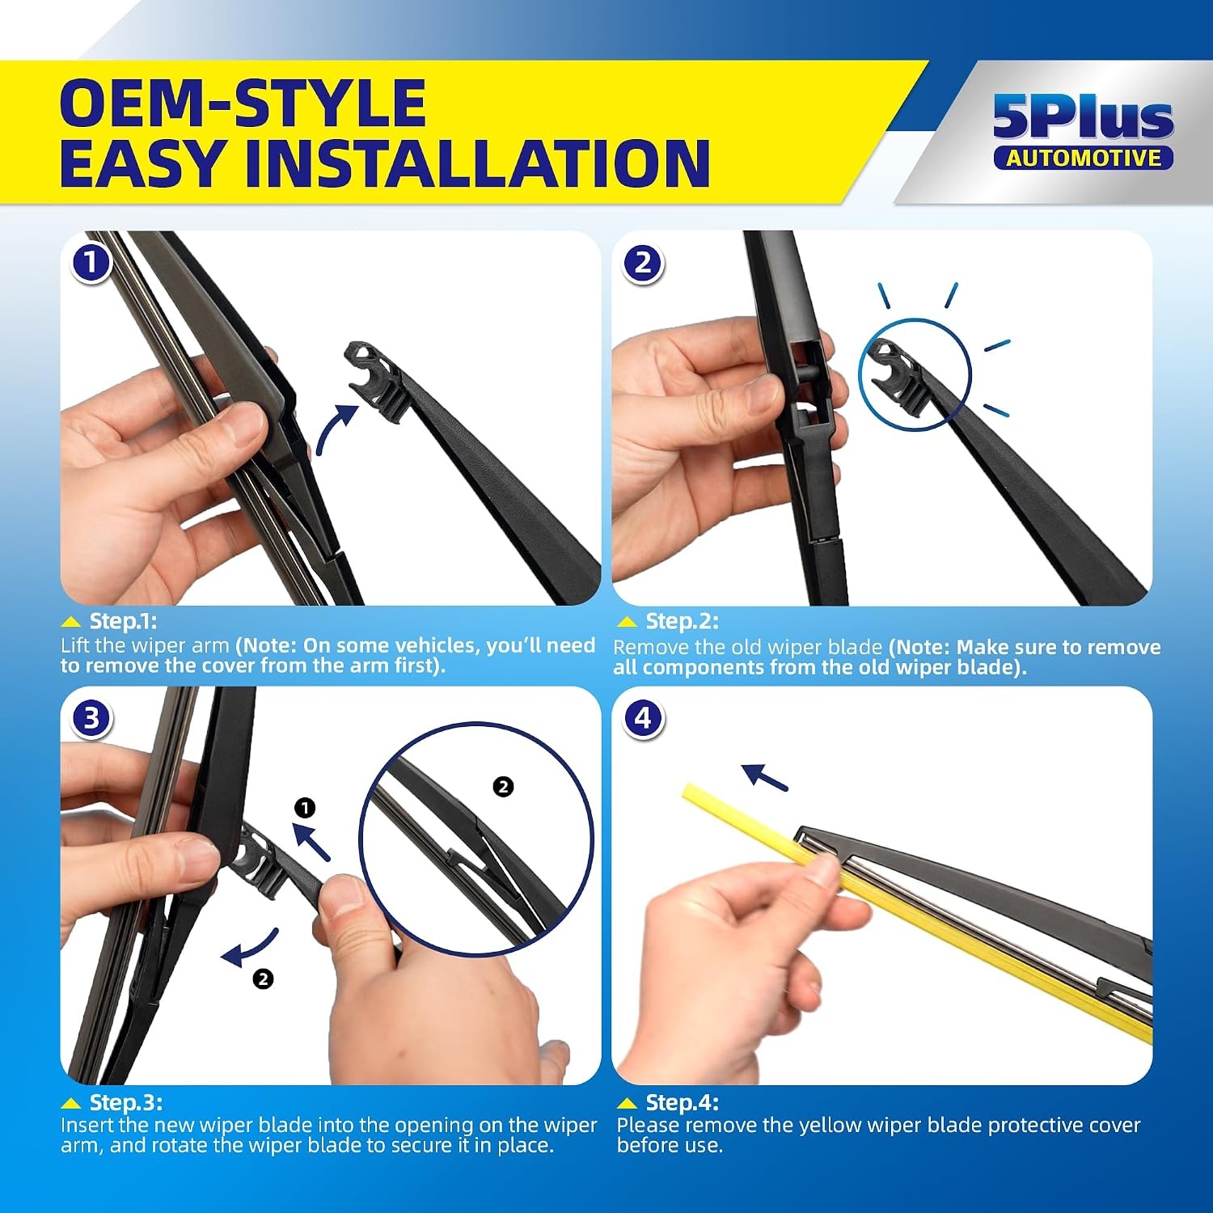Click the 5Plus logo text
[x=1083, y=117]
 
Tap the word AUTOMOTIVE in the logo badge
[x=1084, y=158]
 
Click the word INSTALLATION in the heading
[x=478, y=163]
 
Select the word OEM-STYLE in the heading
[x=243, y=103]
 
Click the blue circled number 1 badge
[x=91, y=262]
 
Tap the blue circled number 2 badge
[x=643, y=263]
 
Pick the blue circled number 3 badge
[x=91, y=718]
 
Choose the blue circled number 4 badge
[x=643, y=718]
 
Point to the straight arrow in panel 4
[x=765, y=777]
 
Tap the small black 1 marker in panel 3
[x=305, y=808]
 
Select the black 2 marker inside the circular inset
[x=503, y=787]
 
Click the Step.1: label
[x=123, y=621]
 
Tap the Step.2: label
[x=682, y=621]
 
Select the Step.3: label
[x=125, y=1102]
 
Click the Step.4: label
[x=682, y=1102]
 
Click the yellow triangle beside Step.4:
[x=627, y=1103]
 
